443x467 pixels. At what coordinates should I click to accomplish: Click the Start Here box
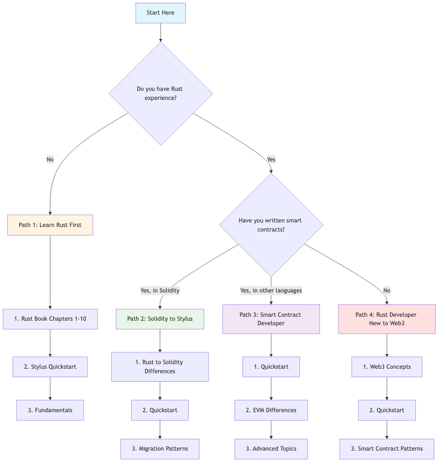click(160, 12)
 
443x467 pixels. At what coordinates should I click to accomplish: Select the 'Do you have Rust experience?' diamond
click(160, 93)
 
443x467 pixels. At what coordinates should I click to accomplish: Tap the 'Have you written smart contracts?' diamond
click(271, 225)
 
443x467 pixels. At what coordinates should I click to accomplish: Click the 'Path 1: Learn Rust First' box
click(50, 225)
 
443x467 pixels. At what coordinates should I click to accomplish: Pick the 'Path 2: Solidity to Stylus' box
click(160, 319)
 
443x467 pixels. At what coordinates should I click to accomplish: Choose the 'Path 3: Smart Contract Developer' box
click(271, 319)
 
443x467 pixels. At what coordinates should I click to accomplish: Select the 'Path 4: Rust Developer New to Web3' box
click(386, 319)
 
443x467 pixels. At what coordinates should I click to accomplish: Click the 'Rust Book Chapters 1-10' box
click(50, 319)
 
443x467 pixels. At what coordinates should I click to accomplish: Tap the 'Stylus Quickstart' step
click(50, 366)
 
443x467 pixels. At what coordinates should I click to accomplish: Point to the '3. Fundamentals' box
click(50, 410)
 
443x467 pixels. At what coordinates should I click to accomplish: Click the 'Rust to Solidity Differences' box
click(160, 366)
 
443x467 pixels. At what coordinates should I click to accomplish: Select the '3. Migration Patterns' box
click(160, 448)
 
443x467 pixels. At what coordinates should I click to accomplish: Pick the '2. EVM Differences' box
click(271, 410)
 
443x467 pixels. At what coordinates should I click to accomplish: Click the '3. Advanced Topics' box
click(271, 448)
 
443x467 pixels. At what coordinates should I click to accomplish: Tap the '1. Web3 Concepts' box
click(386, 366)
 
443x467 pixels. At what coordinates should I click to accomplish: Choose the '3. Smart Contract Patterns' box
click(386, 448)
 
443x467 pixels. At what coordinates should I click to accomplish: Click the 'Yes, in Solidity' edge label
click(160, 290)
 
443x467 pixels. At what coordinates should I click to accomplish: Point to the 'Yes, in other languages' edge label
click(271, 290)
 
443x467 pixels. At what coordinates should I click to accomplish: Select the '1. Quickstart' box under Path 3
click(271, 366)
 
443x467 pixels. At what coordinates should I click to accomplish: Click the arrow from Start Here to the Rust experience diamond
click(160, 33)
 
